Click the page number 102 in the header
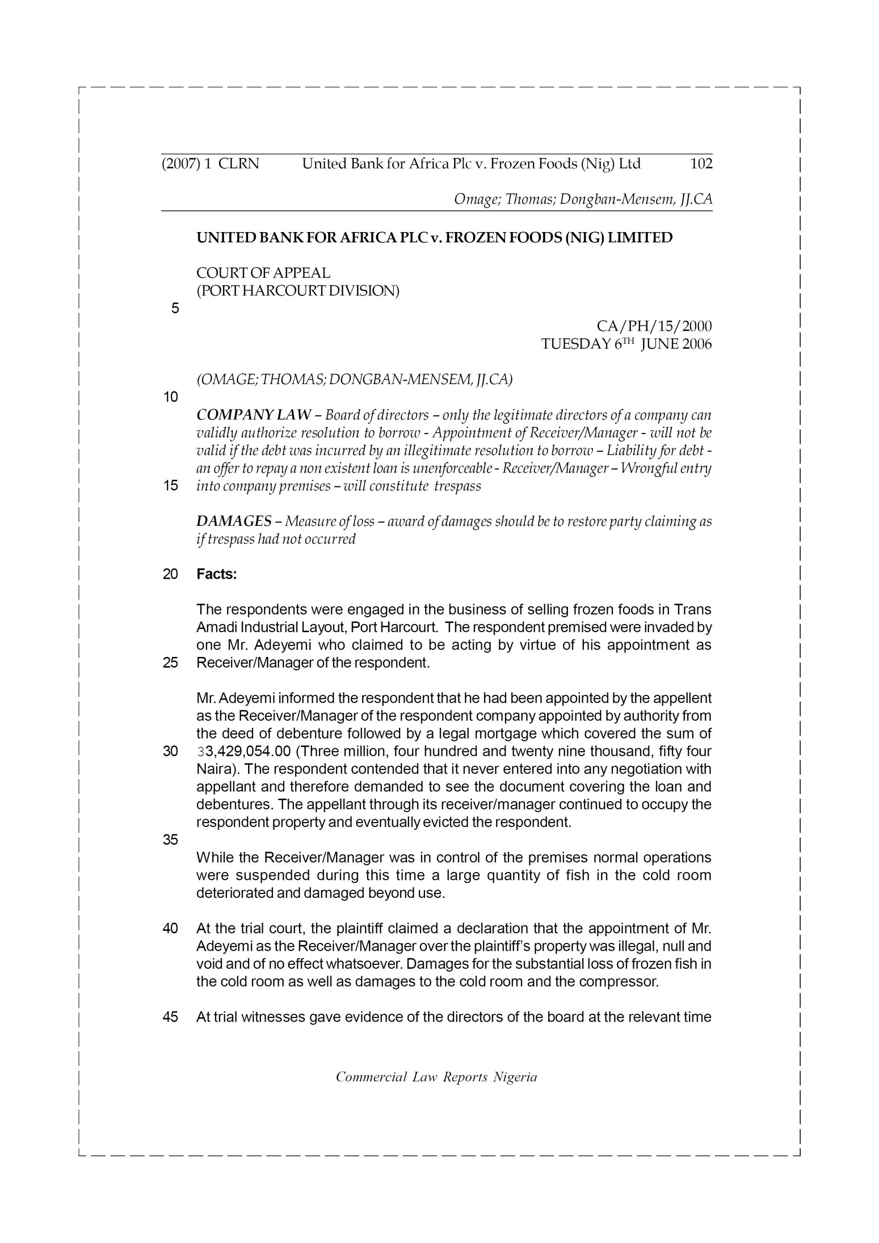click(701, 164)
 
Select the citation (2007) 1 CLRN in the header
click(210, 164)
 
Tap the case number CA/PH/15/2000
click(654, 326)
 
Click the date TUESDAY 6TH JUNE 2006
click(626, 344)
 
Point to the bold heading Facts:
click(217, 574)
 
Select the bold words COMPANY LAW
click(254, 415)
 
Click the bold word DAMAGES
click(234, 521)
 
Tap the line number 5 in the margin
click(175, 309)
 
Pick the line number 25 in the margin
click(170, 663)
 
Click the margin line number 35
click(170, 840)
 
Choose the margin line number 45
click(170, 1017)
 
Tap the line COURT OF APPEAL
click(263, 273)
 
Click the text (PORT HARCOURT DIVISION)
click(298, 291)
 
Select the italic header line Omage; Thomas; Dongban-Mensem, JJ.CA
click(583, 199)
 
